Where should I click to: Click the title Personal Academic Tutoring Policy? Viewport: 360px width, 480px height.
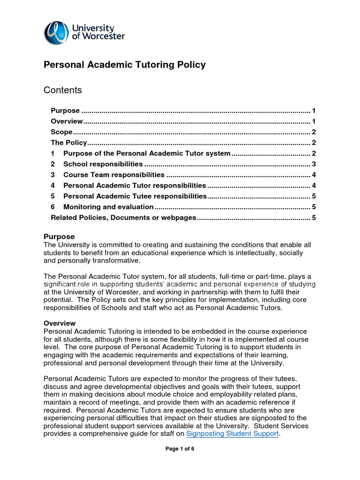[x=124, y=65]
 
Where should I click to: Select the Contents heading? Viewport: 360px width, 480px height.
[x=62, y=90]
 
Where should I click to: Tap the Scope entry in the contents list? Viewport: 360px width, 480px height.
[x=61, y=132]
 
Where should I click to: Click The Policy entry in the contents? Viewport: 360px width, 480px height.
[x=69, y=142]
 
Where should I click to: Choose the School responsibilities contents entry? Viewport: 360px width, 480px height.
[x=103, y=164]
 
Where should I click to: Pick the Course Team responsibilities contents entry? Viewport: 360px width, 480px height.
[x=113, y=175]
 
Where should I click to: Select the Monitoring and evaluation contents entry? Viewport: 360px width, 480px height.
[x=108, y=207]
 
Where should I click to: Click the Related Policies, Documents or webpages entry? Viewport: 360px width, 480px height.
[x=123, y=217]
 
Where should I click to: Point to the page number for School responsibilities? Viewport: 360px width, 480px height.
[x=314, y=164]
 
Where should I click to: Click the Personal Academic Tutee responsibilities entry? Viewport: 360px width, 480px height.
[x=135, y=196]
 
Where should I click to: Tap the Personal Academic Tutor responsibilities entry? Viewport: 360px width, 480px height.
[x=134, y=186]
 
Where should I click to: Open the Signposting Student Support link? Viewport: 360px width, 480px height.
[x=232, y=434]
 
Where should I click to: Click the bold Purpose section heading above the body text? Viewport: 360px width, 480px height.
[x=59, y=237]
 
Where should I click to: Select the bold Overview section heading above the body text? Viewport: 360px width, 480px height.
[x=60, y=323]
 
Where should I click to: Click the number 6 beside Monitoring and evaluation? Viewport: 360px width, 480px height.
[x=53, y=207]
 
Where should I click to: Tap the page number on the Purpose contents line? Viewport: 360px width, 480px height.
[x=314, y=111]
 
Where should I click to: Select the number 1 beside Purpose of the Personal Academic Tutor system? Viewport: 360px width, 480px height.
[x=53, y=153]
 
